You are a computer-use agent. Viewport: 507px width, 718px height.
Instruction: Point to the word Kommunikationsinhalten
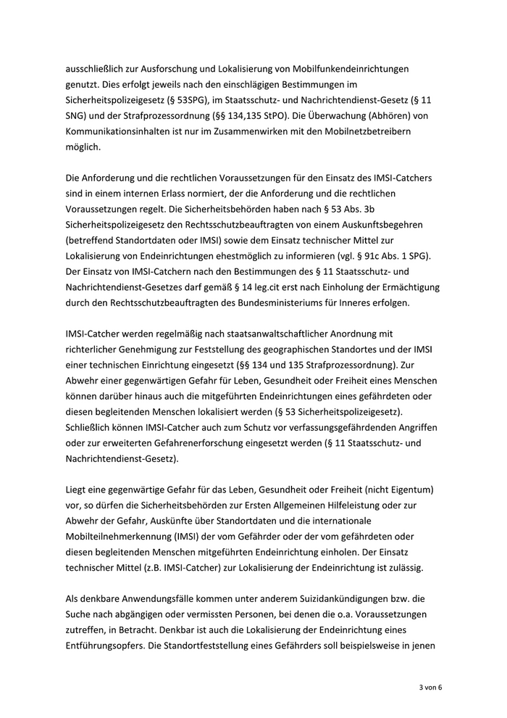click(x=124, y=131)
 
